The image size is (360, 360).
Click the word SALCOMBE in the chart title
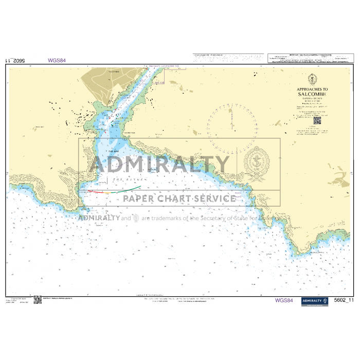(312, 94)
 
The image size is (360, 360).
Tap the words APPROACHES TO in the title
(312, 89)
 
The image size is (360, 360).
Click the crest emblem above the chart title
(312, 80)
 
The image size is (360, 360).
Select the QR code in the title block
(317, 121)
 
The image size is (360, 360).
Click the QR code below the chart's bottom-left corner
(38, 300)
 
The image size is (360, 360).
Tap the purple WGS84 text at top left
(57, 60)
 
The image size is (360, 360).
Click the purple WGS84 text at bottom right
(284, 301)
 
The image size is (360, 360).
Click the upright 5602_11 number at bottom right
(344, 300)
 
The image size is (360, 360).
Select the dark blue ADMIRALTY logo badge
(314, 301)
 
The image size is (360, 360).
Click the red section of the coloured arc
(96, 191)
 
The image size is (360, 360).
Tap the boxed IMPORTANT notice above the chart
(309, 58)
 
